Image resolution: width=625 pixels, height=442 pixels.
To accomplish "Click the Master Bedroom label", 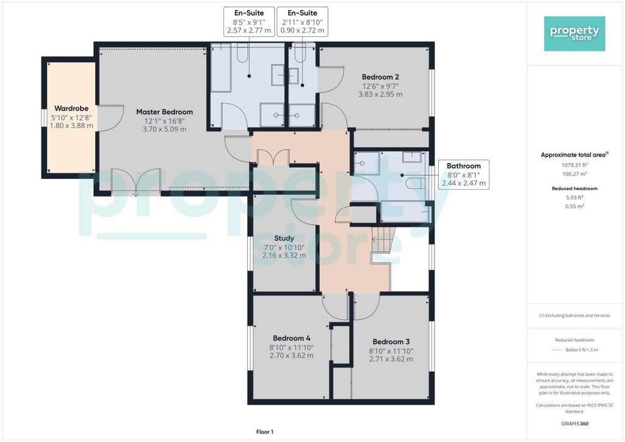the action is click(164, 112).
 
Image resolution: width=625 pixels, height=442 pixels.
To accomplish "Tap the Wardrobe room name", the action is click(71, 109).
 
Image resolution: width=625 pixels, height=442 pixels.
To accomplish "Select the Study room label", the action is click(284, 238).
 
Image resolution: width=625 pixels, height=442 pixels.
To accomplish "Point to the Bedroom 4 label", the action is click(291, 338).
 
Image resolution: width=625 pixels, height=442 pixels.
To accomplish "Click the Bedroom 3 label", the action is click(391, 341).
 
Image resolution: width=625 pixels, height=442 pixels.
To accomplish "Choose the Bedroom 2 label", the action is click(380, 77).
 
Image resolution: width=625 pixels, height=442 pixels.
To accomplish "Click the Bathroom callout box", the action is click(464, 175).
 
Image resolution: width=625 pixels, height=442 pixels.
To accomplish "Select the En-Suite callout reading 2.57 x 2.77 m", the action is click(249, 21).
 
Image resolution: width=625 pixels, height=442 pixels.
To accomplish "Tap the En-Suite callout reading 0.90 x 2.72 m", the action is click(303, 21).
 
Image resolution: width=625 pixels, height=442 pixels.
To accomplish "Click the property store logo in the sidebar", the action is click(574, 34).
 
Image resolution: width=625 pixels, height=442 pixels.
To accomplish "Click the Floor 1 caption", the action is click(265, 432).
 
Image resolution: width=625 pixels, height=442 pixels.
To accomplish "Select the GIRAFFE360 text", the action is click(574, 424).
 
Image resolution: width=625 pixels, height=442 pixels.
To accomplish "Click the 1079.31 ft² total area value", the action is click(574, 165).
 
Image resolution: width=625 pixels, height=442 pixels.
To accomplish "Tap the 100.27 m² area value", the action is click(574, 174).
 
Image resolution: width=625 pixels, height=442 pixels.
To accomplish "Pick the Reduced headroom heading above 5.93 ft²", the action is click(574, 189).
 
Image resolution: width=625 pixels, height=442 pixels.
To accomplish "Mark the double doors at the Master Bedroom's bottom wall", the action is click(136, 182).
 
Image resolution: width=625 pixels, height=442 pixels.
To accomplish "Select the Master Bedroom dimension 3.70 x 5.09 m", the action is click(164, 129).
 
